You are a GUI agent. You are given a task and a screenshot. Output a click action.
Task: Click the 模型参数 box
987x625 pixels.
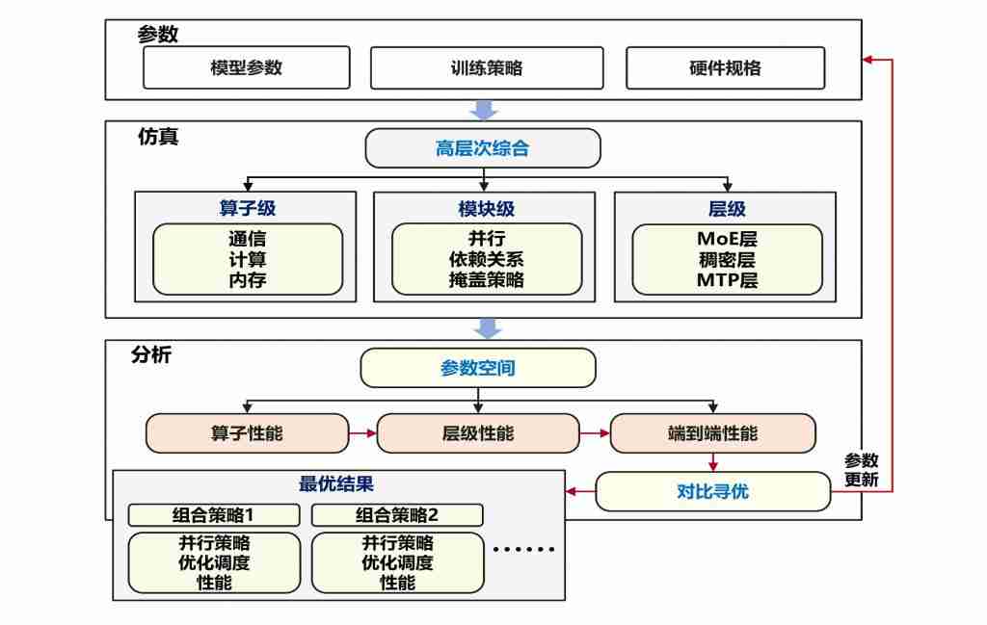[x=246, y=68]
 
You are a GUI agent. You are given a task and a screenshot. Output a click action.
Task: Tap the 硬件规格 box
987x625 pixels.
[x=725, y=68]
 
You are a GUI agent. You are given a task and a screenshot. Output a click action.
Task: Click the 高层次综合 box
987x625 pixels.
[x=482, y=148]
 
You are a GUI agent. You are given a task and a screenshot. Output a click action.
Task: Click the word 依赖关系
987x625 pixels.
[x=486, y=259]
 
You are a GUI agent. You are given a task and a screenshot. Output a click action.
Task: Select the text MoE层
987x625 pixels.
[x=727, y=239]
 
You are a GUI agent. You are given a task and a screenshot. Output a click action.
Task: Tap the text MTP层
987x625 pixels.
[x=727, y=280]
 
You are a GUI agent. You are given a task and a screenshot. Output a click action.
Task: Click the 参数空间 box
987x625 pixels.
[x=477, y=368]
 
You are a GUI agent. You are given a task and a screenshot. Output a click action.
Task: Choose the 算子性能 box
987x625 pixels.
[x=247, y=433]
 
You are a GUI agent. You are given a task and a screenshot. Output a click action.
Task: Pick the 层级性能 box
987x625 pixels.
[x=477, y=433]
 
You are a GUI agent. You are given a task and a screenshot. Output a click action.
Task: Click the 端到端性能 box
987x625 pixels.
[x=712, y=433]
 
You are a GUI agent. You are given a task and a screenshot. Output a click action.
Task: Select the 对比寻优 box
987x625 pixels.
[x=712, y=492]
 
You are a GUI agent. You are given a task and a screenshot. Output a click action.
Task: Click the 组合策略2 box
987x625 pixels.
[x=396, y=514]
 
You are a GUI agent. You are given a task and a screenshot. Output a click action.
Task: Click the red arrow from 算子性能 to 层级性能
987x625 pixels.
[x=362, y=433]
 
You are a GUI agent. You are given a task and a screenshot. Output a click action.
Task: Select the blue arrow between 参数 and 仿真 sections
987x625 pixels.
[x=487, y=110]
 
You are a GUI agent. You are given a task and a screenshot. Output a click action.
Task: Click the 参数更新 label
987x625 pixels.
[x=861, y=470]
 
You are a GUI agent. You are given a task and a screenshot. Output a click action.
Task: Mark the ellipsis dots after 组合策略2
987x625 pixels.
[x=523, y=550]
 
